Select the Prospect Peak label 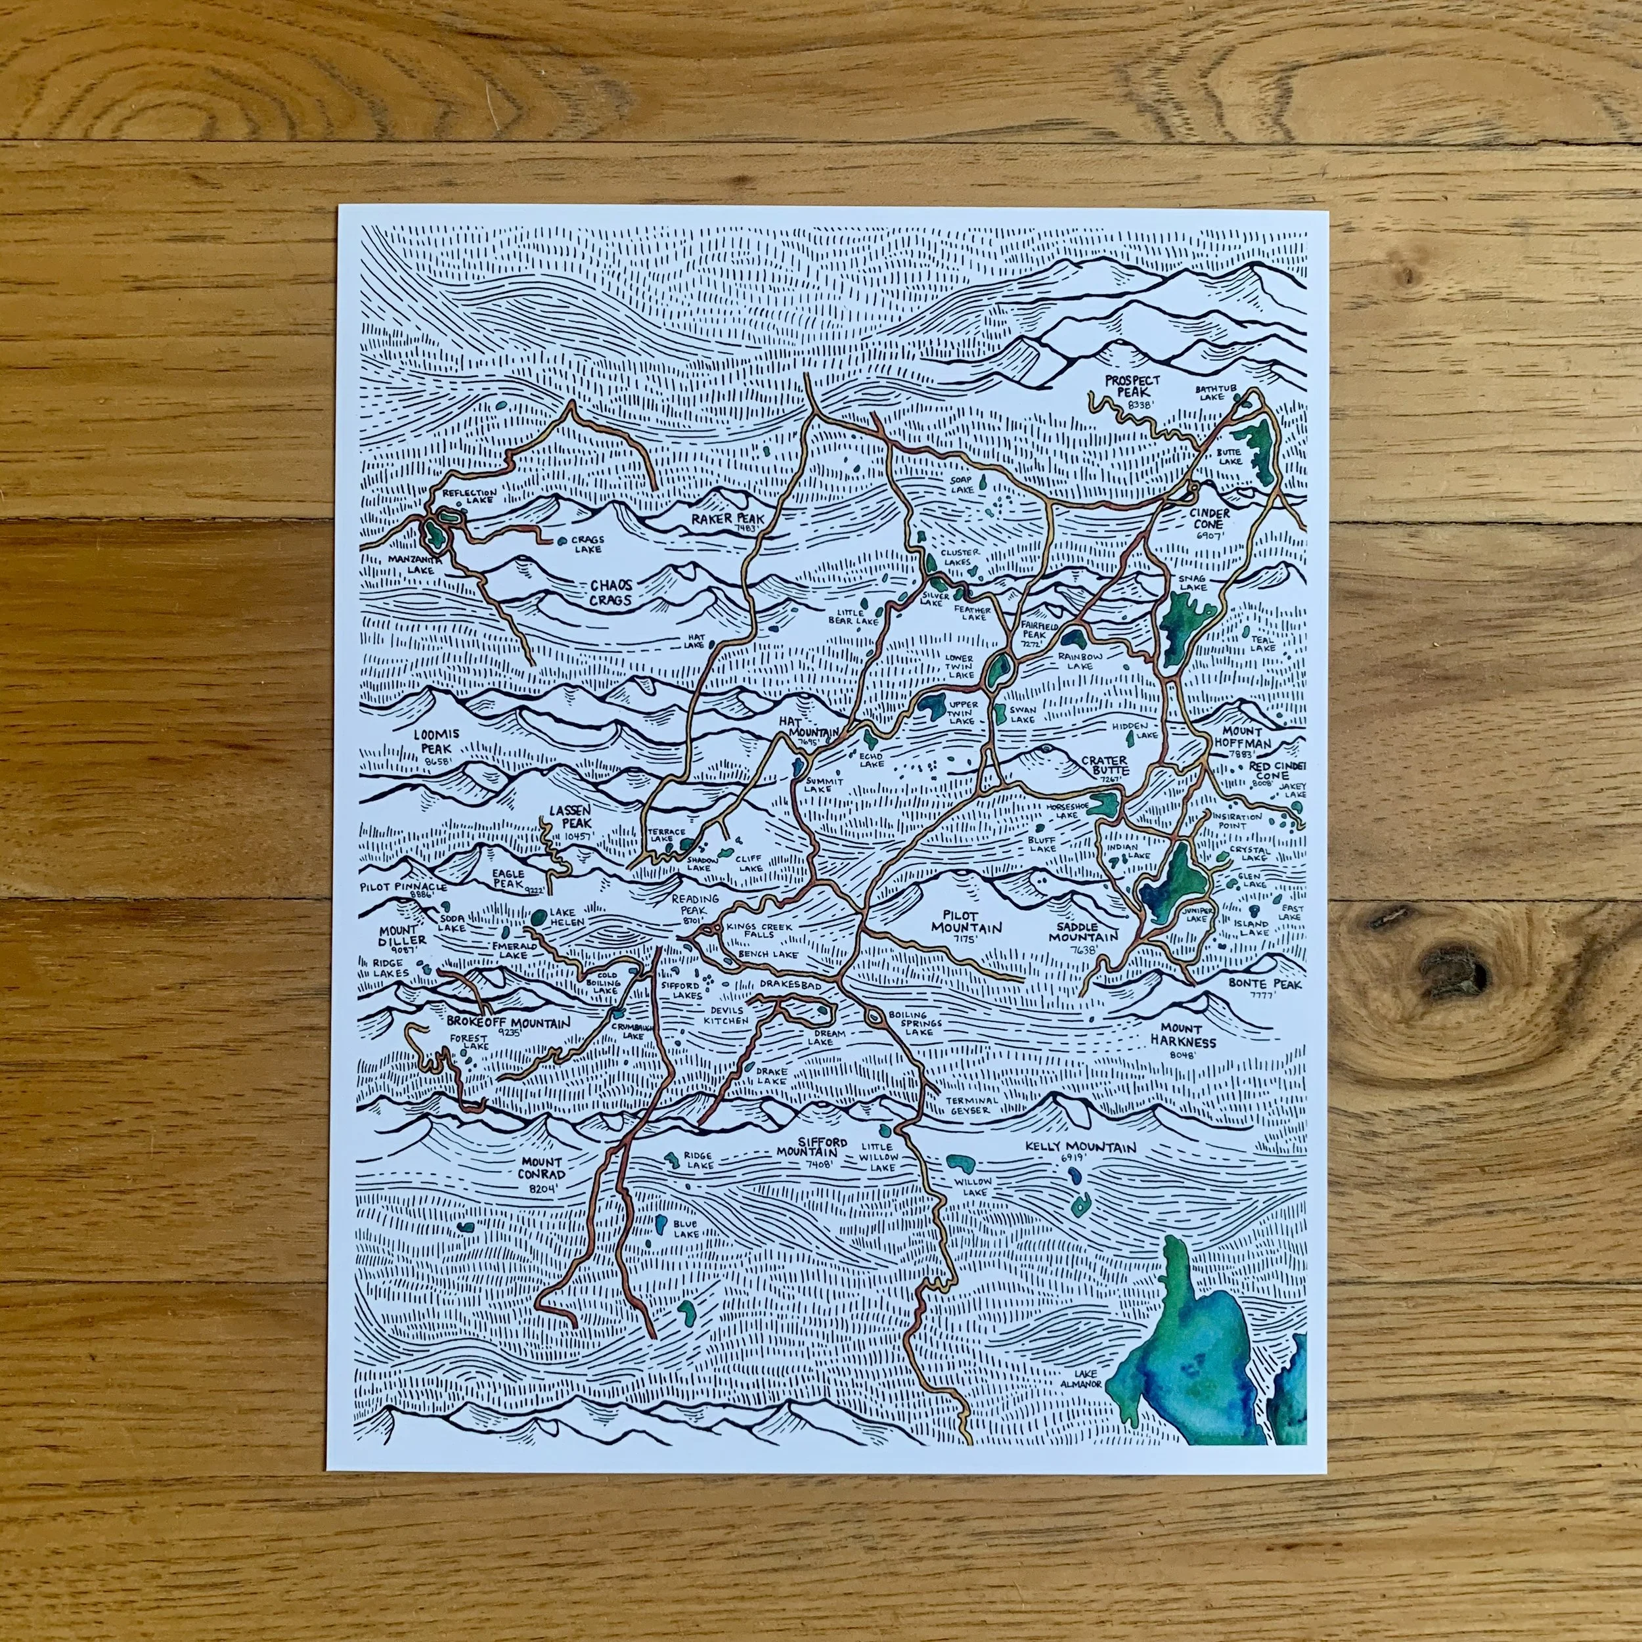(x=1126, y=388)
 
